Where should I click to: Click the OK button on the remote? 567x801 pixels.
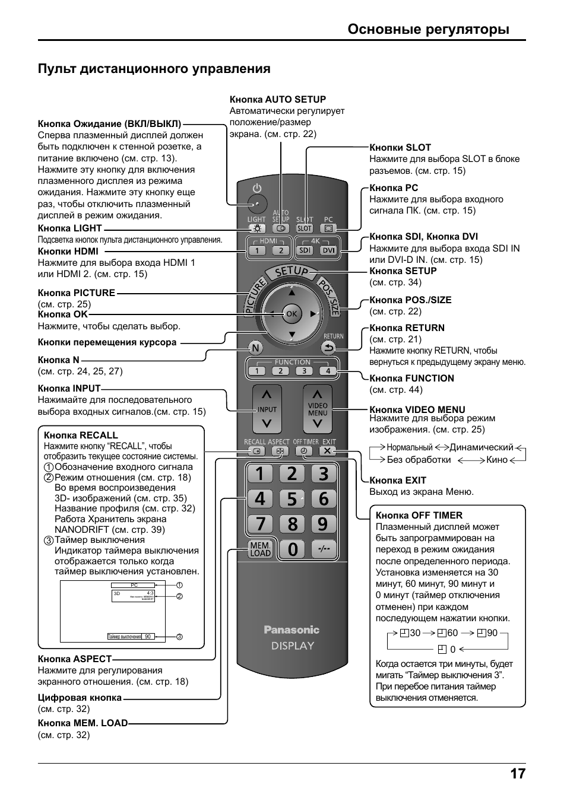point(291,313)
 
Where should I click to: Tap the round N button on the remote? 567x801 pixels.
point(255,348)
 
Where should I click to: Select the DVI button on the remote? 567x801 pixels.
point(328,250)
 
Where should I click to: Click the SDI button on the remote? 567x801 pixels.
point(305,250)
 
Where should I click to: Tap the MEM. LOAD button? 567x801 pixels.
point(260,549)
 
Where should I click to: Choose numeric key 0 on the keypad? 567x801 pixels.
point(292,549)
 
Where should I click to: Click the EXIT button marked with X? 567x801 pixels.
point(327,451)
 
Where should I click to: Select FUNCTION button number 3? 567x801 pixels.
point(304,371)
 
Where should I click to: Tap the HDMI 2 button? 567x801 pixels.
point(281,250)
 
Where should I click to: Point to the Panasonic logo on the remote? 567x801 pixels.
point(292,630)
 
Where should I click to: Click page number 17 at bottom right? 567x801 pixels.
point(517,774)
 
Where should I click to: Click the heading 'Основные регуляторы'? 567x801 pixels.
point(428,29)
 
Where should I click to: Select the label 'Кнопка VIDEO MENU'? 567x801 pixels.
point(417,409)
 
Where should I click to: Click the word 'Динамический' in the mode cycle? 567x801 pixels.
point(481,447)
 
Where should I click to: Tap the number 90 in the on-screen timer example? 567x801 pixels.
point(148,637)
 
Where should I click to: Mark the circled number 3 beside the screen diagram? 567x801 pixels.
point(179,637)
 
